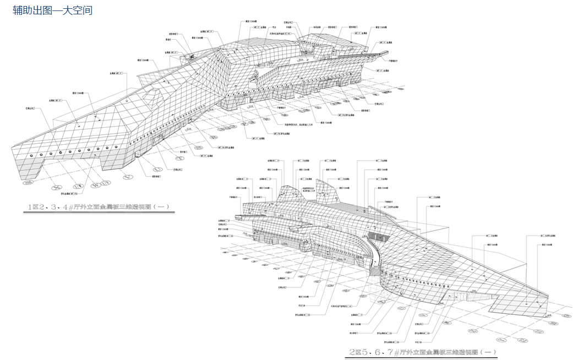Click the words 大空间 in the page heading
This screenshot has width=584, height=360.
coord(79,10)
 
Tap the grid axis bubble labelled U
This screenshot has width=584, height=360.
coord(158,169)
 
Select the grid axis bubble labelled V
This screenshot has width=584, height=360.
coord(128,177)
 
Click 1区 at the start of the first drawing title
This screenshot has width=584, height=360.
coord(35,208)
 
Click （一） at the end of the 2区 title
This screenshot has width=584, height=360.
coord(488,352)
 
